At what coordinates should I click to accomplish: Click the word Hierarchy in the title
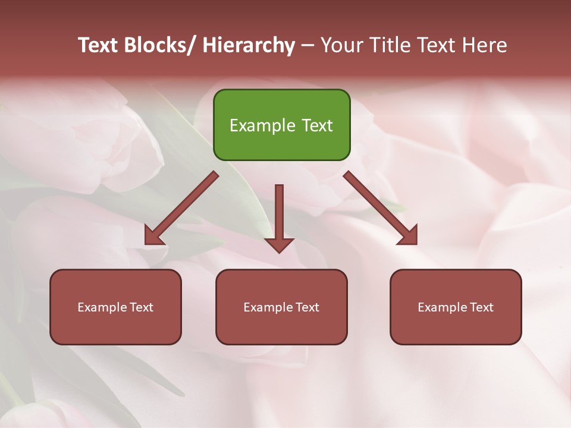pos(249,45)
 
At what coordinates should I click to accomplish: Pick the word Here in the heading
pos(484,45)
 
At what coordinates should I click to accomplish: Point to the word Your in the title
pos(341,45)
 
